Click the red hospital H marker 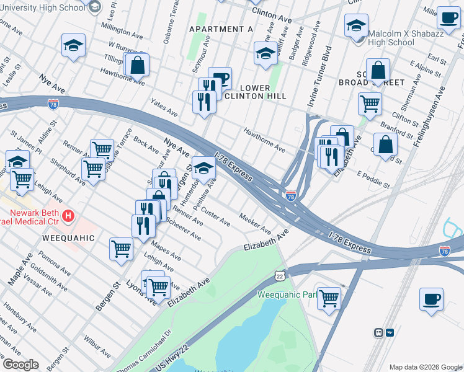69,216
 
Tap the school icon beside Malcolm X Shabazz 356,26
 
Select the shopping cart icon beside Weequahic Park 328,298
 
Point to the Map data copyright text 425,367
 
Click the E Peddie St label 373,180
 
